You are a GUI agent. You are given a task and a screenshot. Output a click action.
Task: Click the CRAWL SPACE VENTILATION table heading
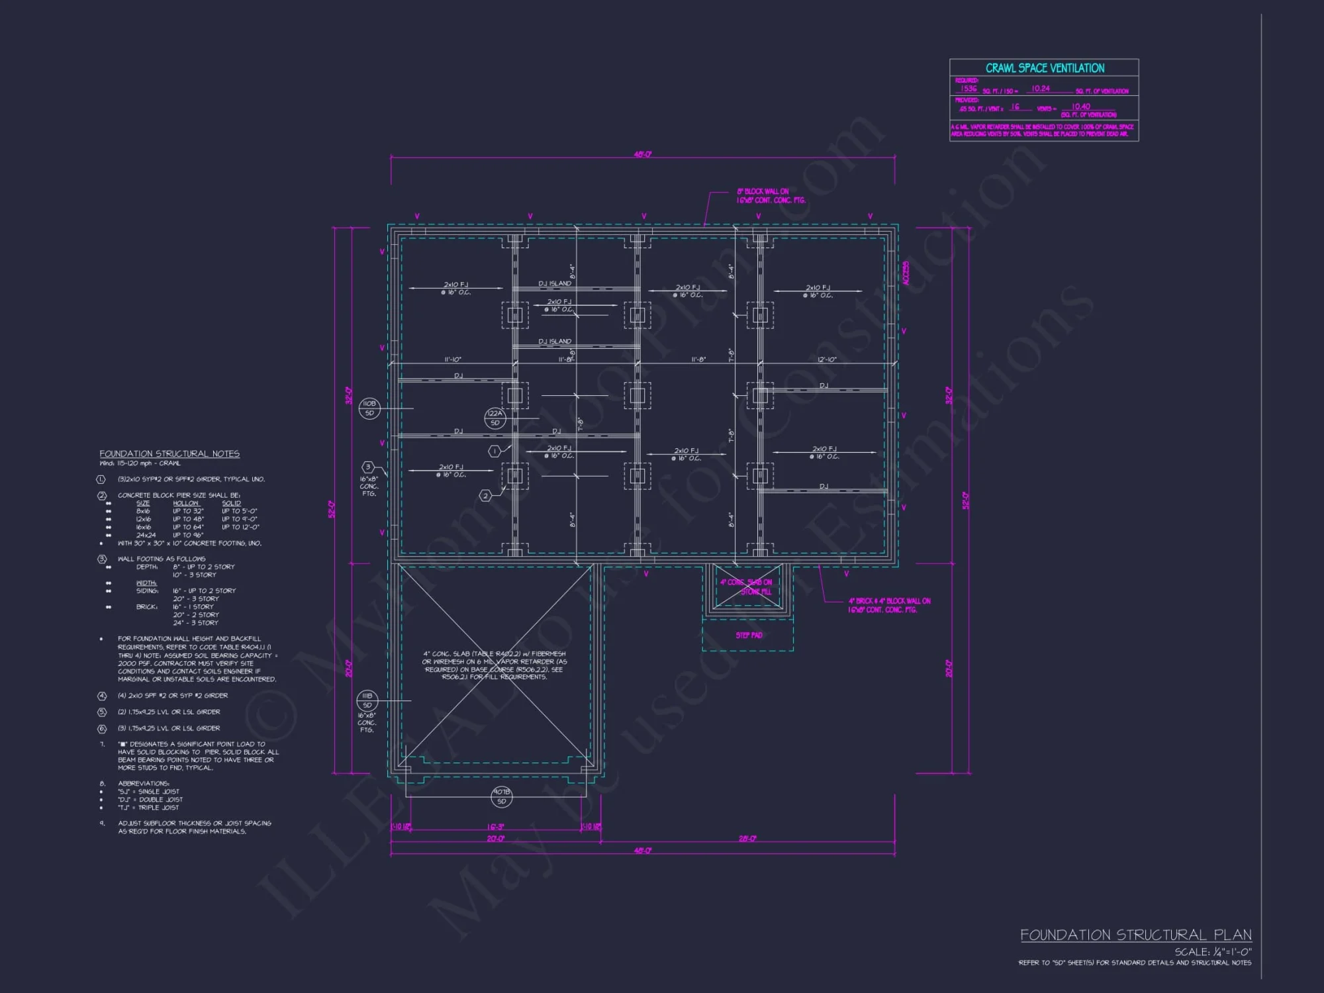click(x=1045, y=68)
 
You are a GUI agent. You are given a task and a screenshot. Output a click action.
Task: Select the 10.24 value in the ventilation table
click(x=1041, y=88)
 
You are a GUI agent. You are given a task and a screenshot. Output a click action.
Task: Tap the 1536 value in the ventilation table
click(x=969, y=88)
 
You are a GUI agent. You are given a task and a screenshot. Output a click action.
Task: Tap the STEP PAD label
click(x=749, y=636)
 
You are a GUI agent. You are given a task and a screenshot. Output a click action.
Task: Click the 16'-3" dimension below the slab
click(x=495, y=827)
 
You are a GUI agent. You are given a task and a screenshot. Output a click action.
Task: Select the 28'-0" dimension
click(x=747, y=838)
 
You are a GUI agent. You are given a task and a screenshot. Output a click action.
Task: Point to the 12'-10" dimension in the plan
click(x=826, y=360)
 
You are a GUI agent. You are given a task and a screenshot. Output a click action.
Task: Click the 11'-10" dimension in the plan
click(x=453, y=360)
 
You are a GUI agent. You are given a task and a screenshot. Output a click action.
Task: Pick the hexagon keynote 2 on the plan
click(x=485, y=495)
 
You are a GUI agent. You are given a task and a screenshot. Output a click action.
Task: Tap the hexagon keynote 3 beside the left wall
click(x=368, y=467)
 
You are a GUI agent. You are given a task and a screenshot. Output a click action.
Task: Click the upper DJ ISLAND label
click(x=555, y=283)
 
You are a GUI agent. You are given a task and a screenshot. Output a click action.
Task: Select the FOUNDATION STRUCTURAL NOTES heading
click(x=169, y=453)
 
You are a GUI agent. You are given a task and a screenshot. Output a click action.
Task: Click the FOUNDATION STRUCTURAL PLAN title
click(x=1135, y=935)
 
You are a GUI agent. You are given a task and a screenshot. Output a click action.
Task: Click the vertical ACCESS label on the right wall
click(x=906, y=273)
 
